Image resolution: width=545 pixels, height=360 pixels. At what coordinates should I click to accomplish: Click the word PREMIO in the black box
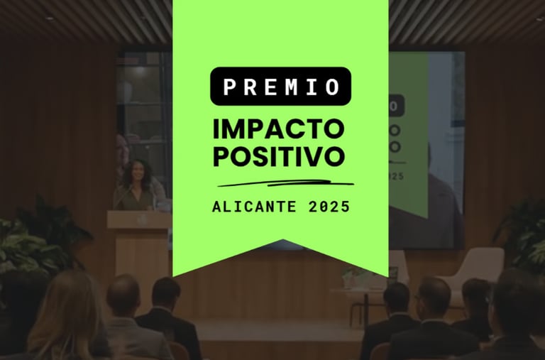pyautogui.click(x=281, y=87)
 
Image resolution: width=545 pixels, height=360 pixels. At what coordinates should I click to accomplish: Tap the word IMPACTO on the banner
pyautogui.click(x=278, y=129)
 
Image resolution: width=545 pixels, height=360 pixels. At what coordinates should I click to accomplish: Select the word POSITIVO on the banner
pyautogui.click(x=279, y=156)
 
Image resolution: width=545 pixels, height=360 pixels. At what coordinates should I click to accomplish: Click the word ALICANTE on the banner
pyautogui.click(x=254, y=207)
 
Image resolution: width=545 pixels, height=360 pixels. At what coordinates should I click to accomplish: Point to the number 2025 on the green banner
pyautogui.click(x=329, y=207)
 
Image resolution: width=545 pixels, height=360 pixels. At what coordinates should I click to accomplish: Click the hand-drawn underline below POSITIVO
pyautogui.click(x=285, y=183)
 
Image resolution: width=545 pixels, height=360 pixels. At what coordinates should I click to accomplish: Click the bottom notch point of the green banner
pyautogui.click(x=282, y=240)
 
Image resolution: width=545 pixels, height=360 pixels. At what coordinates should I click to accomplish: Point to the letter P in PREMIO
pyautogui.click(x=229, y=87)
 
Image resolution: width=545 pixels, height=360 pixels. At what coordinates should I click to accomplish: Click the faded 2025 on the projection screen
pyautogui.click(x=396, y=176)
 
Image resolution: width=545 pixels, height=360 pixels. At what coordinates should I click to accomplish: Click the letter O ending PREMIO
pyautogui.click(x=333, y=87)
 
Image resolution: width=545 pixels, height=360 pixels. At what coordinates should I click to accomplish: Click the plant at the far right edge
pyautogui.click(x=522, y=236)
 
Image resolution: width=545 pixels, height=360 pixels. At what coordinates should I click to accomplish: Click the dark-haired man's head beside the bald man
pyautogui.click(x=166, y=293)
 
